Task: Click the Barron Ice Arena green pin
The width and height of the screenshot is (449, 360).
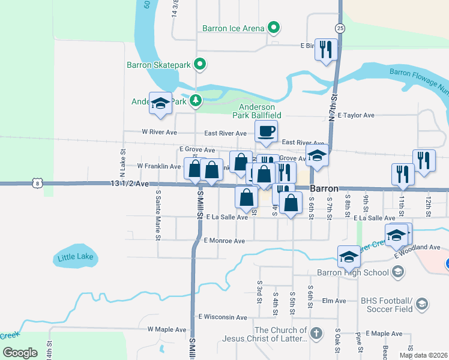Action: pyautogui.click(x=274, y=28)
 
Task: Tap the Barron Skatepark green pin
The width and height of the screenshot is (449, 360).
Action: pyautogui.click(x=201, y=64)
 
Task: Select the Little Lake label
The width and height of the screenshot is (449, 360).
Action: pyautogui.click(x=76, y=258)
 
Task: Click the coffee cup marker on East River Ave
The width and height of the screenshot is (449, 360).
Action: pyautogui.click(x=266, y=130)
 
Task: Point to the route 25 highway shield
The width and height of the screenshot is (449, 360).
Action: pyautogui.click(x=340, y=28)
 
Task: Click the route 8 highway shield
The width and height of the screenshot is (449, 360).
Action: pyautogui.click(x=37, y=183)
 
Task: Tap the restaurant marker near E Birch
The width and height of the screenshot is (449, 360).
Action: pyautogui.click(x=326, y=50)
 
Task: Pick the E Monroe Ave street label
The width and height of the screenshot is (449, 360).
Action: pyautogui.click(x=224, y=241)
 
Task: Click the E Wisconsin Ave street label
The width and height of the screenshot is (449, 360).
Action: pyautogui.click(x=223, y=317)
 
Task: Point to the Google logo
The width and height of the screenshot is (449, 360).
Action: pyautogui.click(x=20, y=353)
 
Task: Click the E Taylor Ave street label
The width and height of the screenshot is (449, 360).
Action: pyautogui.click(x=356, y=115)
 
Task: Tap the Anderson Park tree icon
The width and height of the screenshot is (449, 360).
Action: pyautogui.click(x=195, y=101)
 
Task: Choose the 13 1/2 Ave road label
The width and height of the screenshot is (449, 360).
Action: pyautogui.click(x=129, y=184)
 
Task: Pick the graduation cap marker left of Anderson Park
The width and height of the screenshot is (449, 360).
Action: pyautogui.click(x=160, y=104)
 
